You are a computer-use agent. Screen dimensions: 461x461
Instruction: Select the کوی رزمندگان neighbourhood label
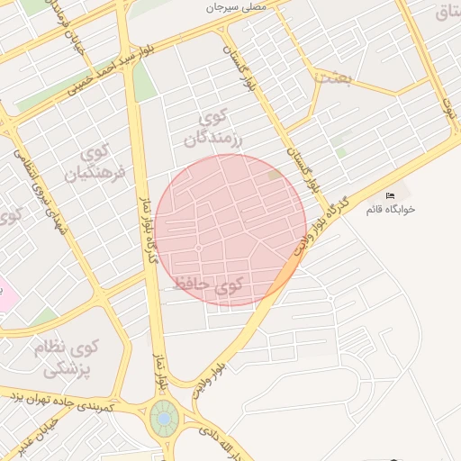point(215,129)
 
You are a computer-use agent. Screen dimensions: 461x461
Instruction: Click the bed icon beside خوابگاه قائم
point(390,195)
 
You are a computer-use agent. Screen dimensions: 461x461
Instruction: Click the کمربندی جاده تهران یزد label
point(71,402)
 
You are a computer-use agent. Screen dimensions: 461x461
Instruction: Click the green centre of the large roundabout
point(164,418)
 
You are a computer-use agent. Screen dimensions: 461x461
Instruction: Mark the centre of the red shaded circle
point(230,230)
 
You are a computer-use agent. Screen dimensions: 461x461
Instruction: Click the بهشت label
point(332,78)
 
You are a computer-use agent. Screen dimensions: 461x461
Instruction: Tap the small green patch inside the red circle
point(275,175)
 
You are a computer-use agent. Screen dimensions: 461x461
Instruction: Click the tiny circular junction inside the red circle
point(198,248)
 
